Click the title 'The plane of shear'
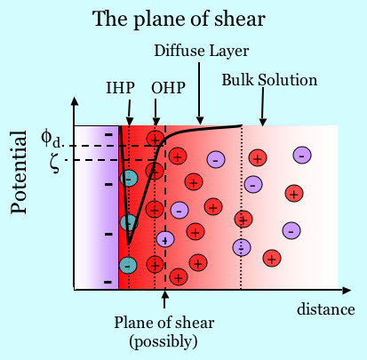coord(179,19)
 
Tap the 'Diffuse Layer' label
coord(202,51)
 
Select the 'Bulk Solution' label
coord(269,80)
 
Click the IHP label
coord(121,88)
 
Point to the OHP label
coord(168,88)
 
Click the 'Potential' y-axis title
coord(19,172)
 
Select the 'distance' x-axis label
coord(326,309)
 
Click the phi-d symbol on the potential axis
coord(52,140)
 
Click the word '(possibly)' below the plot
coord(164,342)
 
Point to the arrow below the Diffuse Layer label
coord(199,93)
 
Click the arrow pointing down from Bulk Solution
coord(263,106)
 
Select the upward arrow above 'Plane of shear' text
coord(165,300)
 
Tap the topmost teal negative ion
coord(129,179)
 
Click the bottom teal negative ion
coord(128,265)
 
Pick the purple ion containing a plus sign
coord(165,239)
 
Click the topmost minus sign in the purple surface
coord(109,135)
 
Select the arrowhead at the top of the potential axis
coord(75,101)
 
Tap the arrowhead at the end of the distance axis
coord(347,290)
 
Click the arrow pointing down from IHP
coord(130,113)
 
